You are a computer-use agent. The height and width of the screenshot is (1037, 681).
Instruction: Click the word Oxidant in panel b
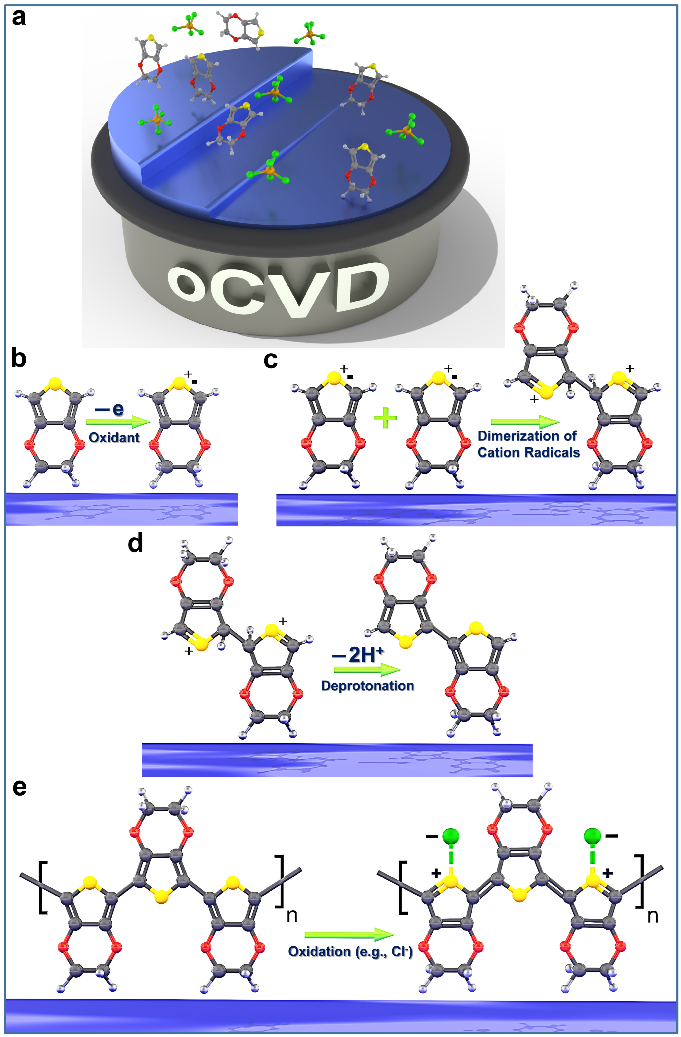pyautogui.click(x=114, y=437)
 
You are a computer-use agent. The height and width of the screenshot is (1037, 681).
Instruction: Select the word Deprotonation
pyautogui.click(x=367, y=686)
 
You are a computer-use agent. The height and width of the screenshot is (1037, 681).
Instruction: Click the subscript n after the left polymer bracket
pyautogui.click(x=291, y=916)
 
